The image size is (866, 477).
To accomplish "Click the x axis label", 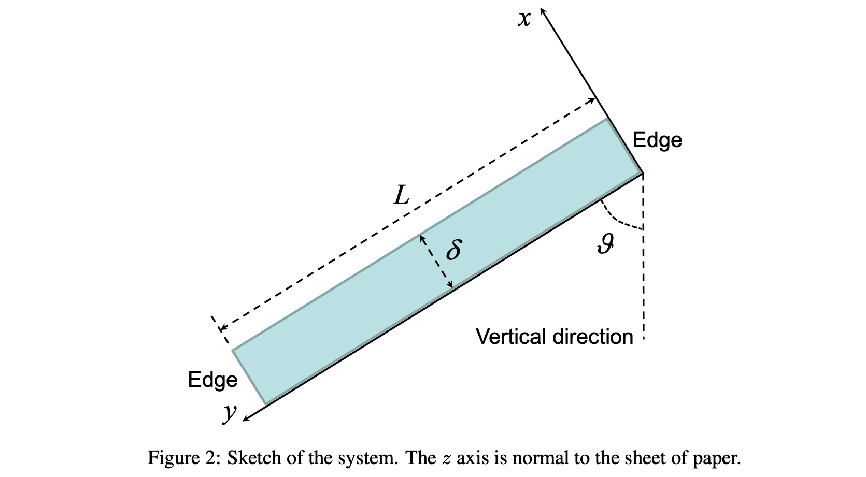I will coord(524,19).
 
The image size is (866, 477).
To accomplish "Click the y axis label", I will coord(230,413).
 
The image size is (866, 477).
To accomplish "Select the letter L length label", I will coord(401,196).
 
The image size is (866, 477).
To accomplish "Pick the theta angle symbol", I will coord(605,243).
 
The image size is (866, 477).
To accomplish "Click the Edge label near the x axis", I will coord(657,140).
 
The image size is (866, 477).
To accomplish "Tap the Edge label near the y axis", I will coord(212,380).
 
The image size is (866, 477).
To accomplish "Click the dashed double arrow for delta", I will coord(436,262).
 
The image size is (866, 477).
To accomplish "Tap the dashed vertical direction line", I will coord(643,280).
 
